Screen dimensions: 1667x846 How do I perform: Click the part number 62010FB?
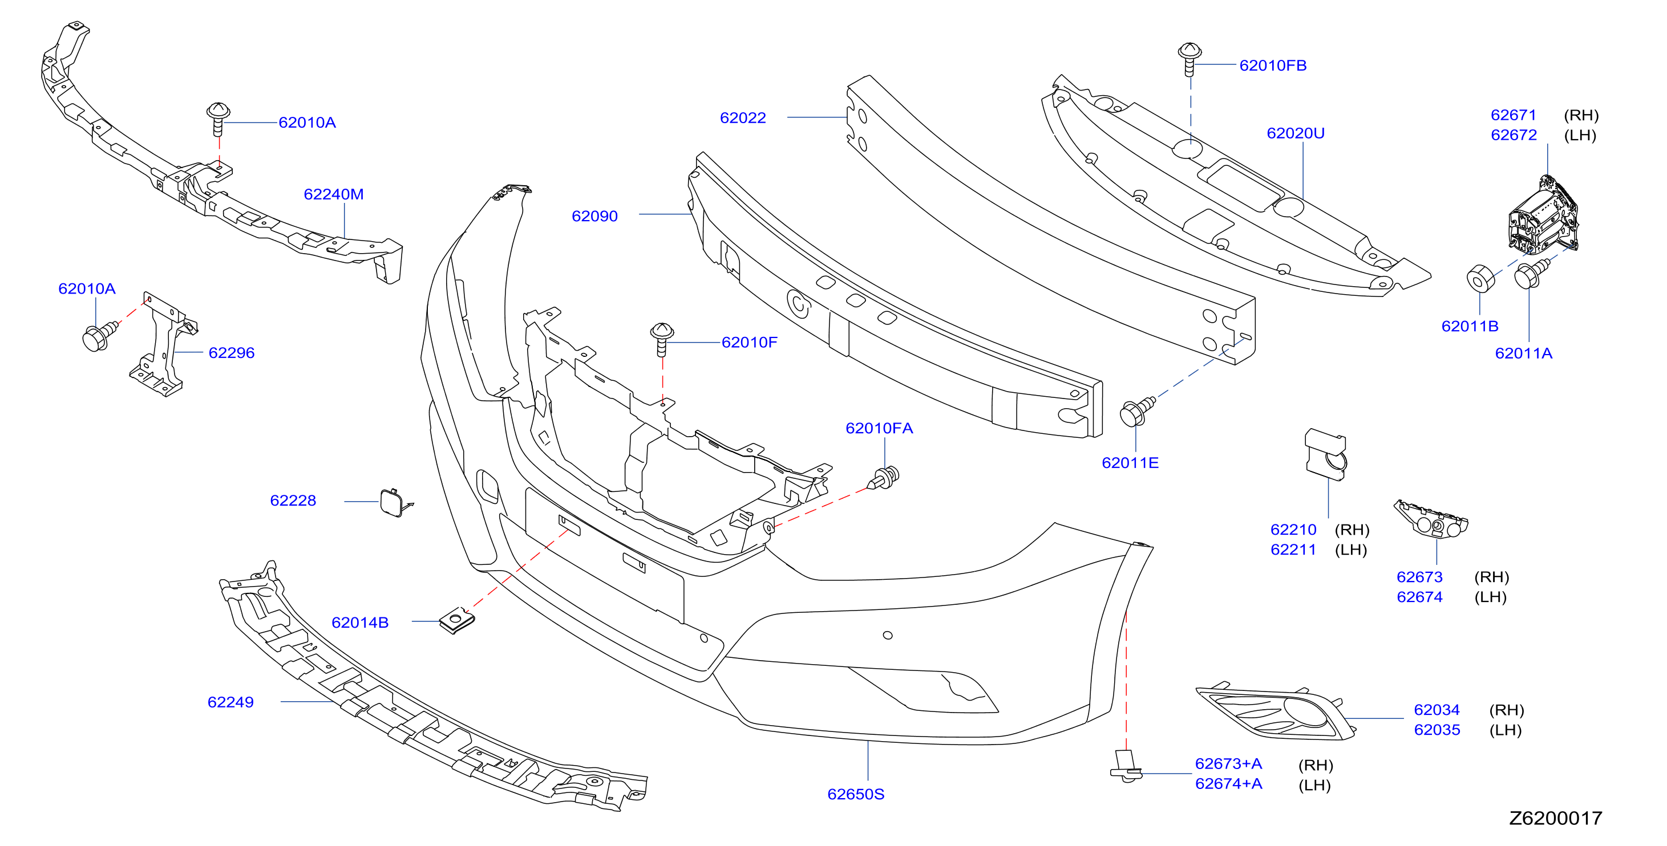[x=1272, y=66]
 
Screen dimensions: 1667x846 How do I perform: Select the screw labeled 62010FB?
[x=1189, y=59]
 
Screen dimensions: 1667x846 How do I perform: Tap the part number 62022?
[x=742, y=117]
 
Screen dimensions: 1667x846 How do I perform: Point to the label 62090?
[x=594, y=216]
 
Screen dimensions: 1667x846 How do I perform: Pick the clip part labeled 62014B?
[x=457, y=621]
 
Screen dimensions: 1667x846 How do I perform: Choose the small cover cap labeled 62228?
[x=395, y=503]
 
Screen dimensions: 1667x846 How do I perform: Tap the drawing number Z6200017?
[x=1555, y=818]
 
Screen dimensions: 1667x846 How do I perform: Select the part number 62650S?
[x=856, y=794]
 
